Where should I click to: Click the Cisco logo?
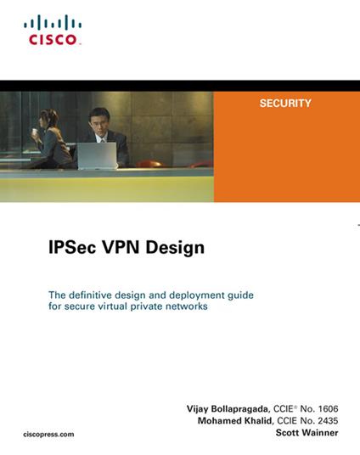tap(53, 30)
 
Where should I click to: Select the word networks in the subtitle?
tap(184, 306)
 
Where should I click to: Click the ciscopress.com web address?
tap(49, 433)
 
